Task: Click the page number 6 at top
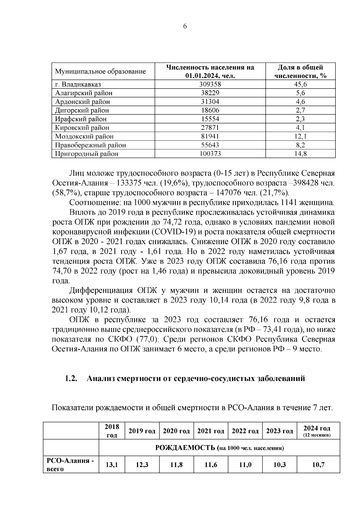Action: [185, 26]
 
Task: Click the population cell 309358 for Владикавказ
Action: [210, 84]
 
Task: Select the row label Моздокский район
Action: [84, 136]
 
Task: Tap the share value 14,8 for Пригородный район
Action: [300, 154]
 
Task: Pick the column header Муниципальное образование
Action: [100, 72]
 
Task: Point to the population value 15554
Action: [210, 119]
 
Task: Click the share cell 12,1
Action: [300, 136]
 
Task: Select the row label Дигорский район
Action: [82, 110]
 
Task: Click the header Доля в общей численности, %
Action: [300, 71]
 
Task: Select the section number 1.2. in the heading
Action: [72, 378]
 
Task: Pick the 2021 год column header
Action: [211, 431]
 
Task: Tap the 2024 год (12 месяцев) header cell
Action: [318, 431]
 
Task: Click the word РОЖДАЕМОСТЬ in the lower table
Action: [185, 448]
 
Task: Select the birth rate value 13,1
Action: [112, 465]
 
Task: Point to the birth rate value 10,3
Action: [279, 465]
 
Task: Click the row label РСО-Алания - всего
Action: [71, 465]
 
